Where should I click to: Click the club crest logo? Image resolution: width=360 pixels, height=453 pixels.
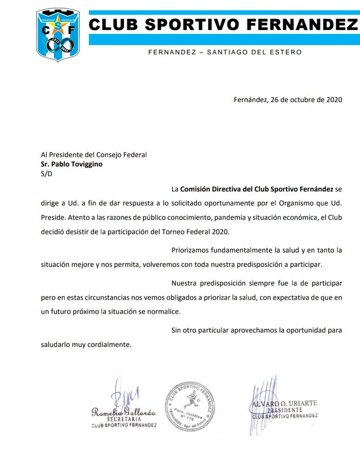[x=58, y=35]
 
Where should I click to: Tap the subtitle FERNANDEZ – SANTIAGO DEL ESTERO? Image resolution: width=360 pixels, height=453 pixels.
[x=225, y=52]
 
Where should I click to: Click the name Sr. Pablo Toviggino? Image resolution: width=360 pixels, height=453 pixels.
[x=72, y=164]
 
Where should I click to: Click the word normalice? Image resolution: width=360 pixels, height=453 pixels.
[x=166, y=312]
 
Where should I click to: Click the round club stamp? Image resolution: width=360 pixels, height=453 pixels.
[x=190, y=406]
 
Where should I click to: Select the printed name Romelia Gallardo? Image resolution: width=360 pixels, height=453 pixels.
[x=123, y=413]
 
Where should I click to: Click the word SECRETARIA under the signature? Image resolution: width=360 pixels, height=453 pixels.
[x=124, y=419]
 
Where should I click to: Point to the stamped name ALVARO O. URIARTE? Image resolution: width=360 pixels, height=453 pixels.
[x=285, y=404]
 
